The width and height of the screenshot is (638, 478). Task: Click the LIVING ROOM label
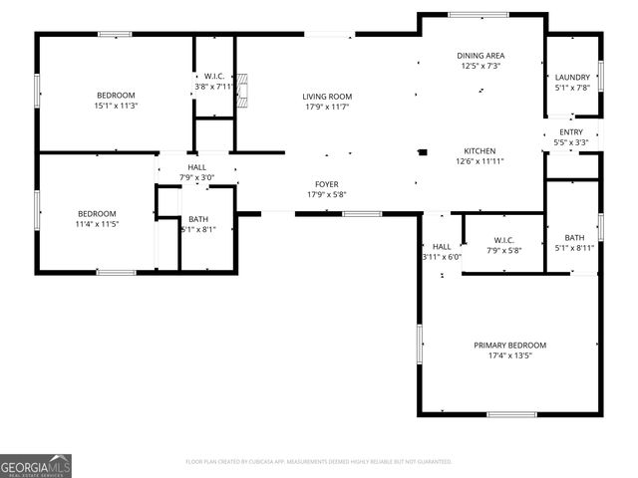tap(327, 97)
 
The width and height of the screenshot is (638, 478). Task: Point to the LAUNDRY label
tap(571, 77)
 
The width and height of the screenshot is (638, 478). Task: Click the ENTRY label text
tap(571, 131)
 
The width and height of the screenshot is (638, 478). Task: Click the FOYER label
tap(327, 184)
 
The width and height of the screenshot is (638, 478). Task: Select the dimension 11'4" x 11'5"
tap(98, 224)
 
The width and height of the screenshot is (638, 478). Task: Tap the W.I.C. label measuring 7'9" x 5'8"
tap(502, 239)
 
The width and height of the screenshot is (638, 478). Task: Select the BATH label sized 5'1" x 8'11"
tap(574, 237)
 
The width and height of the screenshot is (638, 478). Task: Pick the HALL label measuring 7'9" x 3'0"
tap(197, 167)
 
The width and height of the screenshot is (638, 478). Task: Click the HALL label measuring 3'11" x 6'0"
tap(442, 246)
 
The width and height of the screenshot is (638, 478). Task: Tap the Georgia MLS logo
tap(36, 465)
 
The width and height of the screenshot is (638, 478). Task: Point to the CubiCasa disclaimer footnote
tap(319, 462)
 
